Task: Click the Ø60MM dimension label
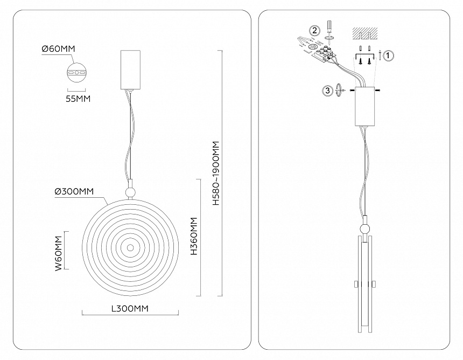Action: coord(59,49)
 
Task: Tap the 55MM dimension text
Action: coord(78,99)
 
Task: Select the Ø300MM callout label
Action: coord(74,191)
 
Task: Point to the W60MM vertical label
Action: coord(59,253)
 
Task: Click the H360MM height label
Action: coord(194,236)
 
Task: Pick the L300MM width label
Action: coord(130,309)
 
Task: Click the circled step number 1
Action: coord(388,56)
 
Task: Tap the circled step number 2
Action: coord(315,30)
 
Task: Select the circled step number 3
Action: coord(327,90)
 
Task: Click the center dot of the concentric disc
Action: coord(130,248)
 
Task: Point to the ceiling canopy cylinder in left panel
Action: coord(130,70)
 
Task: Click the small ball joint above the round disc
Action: coord(130,193)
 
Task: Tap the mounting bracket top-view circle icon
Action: coord(76,72)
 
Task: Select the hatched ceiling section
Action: coord(365,34)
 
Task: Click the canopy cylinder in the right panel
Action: coord(365,106)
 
